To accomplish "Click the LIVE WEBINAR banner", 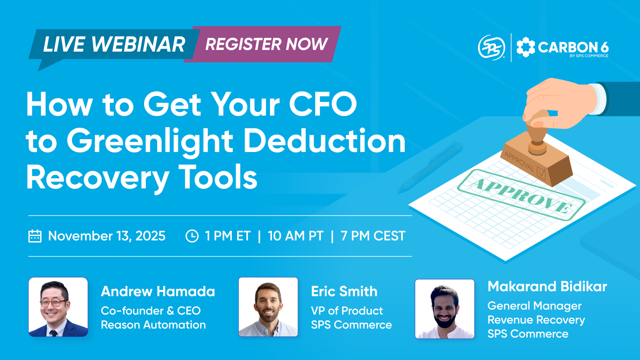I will click(114, 44).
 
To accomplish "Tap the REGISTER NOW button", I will click(266, 44).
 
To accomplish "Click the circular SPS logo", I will click(492, 47).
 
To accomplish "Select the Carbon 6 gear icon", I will click(526, 47).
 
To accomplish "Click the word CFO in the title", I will click(323, 104).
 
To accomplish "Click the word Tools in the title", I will click(218, 178).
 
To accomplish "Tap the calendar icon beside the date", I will click(35, 236).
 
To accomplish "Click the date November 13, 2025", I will click(106, 236).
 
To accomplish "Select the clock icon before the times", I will click(192, 236).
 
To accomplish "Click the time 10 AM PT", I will click(296, 236).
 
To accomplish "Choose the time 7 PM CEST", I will click(373, 236).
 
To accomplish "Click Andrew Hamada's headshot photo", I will click(58, 307).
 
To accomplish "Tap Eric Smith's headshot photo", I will click(268, 307).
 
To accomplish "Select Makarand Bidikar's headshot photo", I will click(445, 309).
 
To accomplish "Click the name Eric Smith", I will click(344, 291).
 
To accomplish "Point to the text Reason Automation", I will click(153, 325).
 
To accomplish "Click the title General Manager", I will click(534, 306).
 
